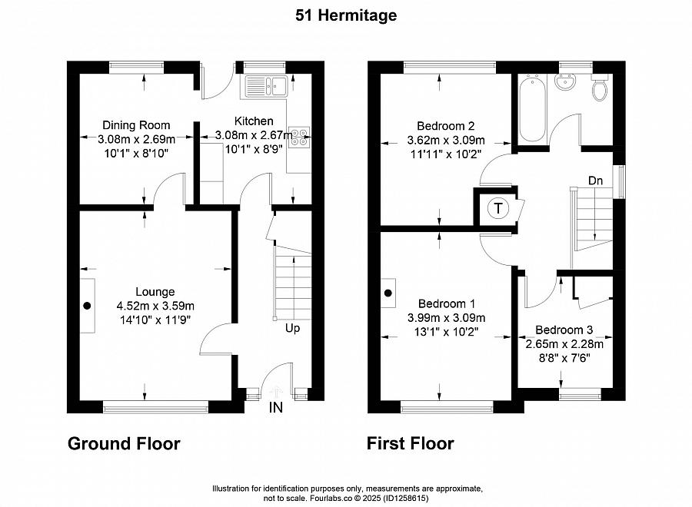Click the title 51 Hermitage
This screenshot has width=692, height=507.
click(346, 15)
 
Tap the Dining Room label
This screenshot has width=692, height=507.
click(137, 125)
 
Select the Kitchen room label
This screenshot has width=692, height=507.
click(254, 121)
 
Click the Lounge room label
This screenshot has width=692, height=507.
click(155, 291)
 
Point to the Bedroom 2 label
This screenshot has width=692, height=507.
click(446, 126)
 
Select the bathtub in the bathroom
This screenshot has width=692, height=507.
click(532, 110)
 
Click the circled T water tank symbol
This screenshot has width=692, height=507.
click(498, 208)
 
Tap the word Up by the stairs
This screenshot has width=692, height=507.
click(293, 329)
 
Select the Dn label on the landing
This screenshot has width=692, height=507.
click(596, 181)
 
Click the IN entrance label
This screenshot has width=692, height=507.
click(275, 409)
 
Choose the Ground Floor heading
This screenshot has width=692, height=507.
click(124, 444)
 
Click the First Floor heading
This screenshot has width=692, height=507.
click(410, 444)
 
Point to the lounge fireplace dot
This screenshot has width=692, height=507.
click(87, 305)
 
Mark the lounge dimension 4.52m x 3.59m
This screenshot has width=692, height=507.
click(155, 305)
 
